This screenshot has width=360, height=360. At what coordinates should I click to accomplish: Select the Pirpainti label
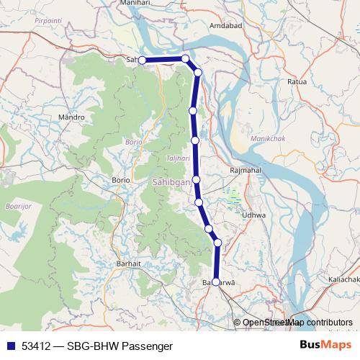pyautogui.click(x=47, y=22)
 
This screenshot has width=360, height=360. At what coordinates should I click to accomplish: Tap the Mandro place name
pyautogui.click(x=72, y=116)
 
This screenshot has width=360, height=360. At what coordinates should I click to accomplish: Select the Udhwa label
pyautogui.click(x=254, y=215)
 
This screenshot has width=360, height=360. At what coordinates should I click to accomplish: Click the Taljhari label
pyautogui.click(x=177, y=158)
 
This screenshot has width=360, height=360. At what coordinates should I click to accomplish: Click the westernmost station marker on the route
pyautogui.click(x=143, y=60)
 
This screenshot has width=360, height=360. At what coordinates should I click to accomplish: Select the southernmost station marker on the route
pyautogui.click(x=216, y=282)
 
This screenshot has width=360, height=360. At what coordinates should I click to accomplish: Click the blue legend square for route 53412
pyautogui.click(x=10, y=346)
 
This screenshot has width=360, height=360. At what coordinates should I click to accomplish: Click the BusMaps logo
pyautogui.click(x=326, y=345)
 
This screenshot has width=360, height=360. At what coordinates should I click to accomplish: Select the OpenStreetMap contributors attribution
pyautogui.click(x=297, y=323)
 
